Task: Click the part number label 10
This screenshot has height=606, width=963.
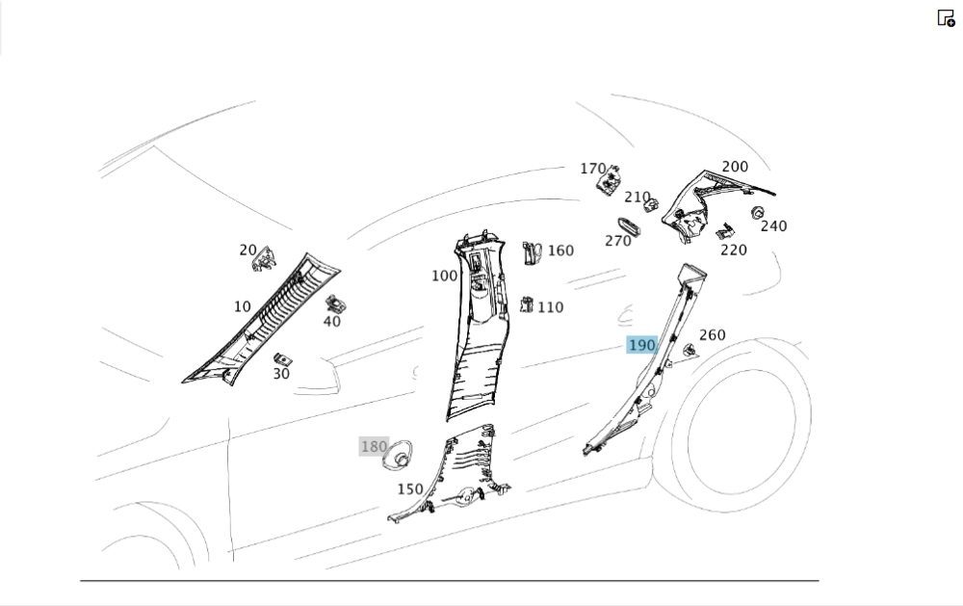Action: [x=242, y=307]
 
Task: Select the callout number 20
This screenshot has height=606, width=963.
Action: [x=248, y=250]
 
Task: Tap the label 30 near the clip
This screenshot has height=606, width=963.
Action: [x=281, y=374]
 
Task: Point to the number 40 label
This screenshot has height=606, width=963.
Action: [x=331, y=322]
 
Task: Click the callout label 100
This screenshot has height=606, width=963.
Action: [x=444, y=277]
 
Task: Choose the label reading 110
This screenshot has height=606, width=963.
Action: [x=551, y=307]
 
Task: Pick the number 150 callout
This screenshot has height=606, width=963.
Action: [x=410, y=489]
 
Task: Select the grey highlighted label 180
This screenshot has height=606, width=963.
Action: [x=374, y=447]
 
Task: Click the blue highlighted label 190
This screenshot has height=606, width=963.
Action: [x=641, y=345]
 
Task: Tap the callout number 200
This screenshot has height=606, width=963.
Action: [x=735, y=167]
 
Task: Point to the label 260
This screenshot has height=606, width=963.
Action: [x=713, y=335]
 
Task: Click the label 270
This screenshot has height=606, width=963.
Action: [x=618, y=241]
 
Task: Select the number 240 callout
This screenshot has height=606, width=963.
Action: [x=773, y=226]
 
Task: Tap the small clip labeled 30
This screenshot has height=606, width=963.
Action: [x=283, y=359]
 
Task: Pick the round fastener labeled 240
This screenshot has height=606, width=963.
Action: [x=757, y=212]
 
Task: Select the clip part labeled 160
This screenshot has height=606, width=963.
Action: [x=532, y=252]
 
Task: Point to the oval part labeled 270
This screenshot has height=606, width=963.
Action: [x=629, y=225]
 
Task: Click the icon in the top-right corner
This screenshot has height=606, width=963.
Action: [x=946, y=17]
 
